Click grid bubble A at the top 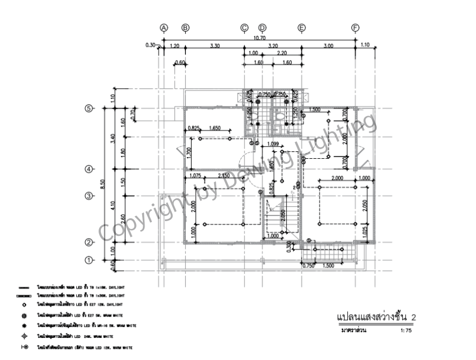click(164, 27)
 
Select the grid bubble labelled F click(355, 27)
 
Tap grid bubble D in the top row click(262, 27)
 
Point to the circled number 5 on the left click(88, 108)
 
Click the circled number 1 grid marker click(88, 260)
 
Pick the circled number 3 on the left click(88, 196)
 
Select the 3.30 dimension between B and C click(215, 45)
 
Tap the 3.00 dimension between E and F click(328, 45)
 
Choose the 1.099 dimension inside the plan click(273, 143)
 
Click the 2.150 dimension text click(224, 176)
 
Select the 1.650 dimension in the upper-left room click(215, 128)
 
